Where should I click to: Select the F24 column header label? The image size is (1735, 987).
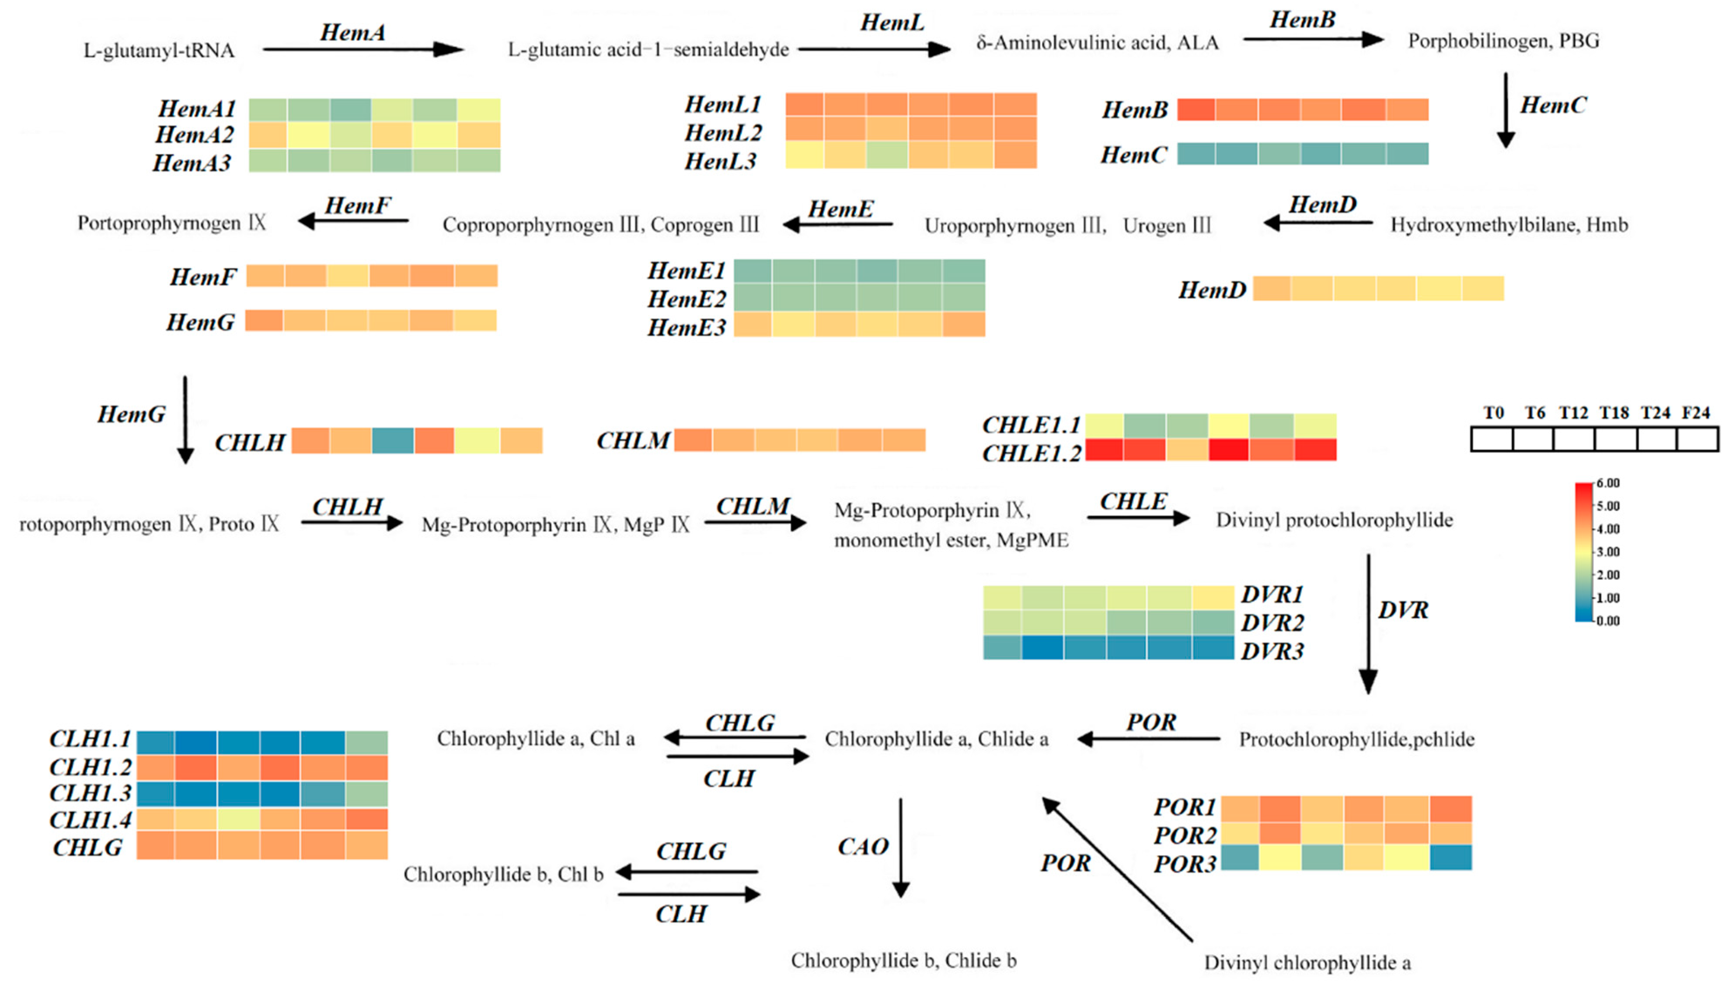pos(1696,413)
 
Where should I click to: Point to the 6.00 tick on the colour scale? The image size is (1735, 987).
pos(1607,483)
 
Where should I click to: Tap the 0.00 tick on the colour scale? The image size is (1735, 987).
pos(1607,621)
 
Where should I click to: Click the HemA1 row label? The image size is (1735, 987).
pos(197,108)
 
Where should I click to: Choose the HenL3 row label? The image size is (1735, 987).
pos(720,161)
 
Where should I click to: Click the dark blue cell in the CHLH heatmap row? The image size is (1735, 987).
pos(393,441)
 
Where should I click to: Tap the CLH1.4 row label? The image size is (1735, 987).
pos(90,820)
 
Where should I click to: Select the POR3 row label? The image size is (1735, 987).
pos(1185,864)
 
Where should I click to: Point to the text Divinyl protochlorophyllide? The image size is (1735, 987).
pos(1334,521)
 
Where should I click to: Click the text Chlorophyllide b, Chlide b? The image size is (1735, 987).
pos(903,960)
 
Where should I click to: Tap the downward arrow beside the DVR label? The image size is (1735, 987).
pos(1368,624)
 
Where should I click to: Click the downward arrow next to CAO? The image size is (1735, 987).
pos(900,847)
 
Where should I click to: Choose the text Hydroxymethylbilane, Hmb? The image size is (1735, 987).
pos(1508,225)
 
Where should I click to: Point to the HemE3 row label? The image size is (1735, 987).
pos(686,328)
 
